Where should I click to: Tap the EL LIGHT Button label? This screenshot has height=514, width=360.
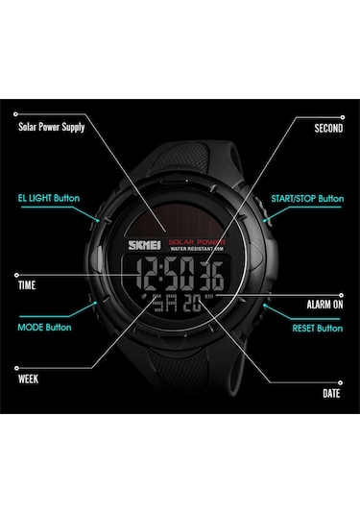pos(48,199)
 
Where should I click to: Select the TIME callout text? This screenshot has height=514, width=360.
pos(29,285)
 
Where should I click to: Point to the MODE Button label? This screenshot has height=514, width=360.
pos(45,327)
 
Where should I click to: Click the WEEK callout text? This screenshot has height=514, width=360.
pos(29,378)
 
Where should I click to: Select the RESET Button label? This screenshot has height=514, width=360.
pos(317,328)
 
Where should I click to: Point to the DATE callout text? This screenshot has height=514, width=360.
pos(332,393)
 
